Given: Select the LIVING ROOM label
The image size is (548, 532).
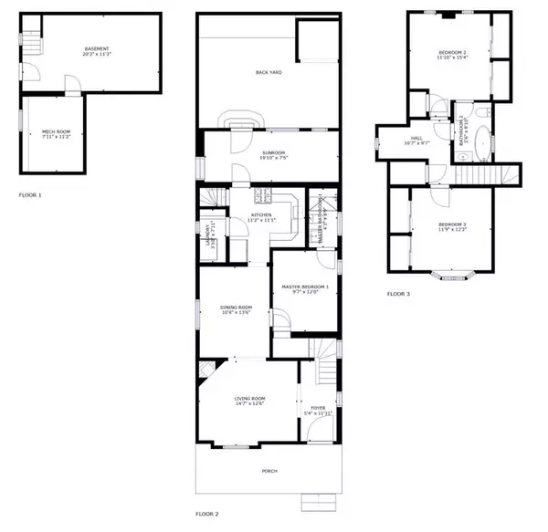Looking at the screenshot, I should click(248, 401).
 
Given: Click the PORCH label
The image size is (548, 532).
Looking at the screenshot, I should click(269, 471).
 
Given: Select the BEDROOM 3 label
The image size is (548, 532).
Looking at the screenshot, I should click(451, 226).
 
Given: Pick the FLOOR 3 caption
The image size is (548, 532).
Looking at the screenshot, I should click(398, 294).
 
